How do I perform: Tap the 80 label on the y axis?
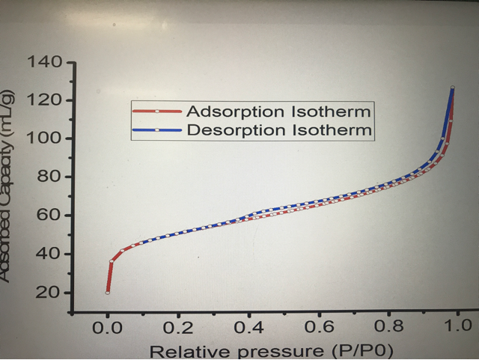pyautogui.click(x=49, y=177)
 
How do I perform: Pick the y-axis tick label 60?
pyautogui.click(x=49, y=216)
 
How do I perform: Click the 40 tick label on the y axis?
pyautogui.click(x=49, y=254)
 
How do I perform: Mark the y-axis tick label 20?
pyautogui.click(x=49, y=292)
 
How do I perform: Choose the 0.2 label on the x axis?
pyautogui.click(x=177, y=326)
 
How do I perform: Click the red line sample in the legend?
pyautogui.click(x=156, y=112)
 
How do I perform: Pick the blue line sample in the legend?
pyautogui.click(x=156, y=129)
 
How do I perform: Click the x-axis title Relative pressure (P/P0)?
pyautogui.click(x=271, y=350)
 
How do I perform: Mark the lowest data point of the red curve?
pyautogui.click(x=108, y=292)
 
